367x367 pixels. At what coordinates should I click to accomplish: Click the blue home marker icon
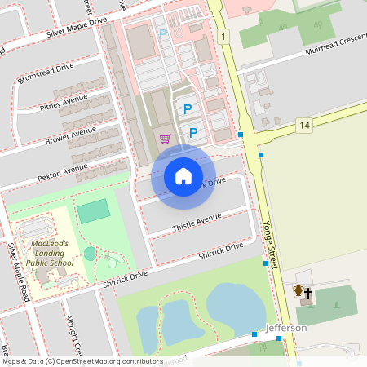pyautogui.click(x=183, y=176)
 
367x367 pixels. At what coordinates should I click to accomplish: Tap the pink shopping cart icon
pyautogui.click(x=166, y=139)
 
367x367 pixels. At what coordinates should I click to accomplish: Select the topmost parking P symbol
pyautogui.click(x=162, y=33)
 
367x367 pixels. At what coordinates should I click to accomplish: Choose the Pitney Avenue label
pyautogui.click(x=63, y=103)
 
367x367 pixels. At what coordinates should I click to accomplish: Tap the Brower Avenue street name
pyautogui.click(x=71, y=134)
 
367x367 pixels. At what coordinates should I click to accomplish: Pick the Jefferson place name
pyautogui.click(x=285, y=328)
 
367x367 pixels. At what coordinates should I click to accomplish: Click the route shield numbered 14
pyautogui.click(x=304, y=125)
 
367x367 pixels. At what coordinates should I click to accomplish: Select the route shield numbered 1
pyautogui.click(x=223, y=37)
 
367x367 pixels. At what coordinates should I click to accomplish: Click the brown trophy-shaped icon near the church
pyautogui.click(x=298, y=290)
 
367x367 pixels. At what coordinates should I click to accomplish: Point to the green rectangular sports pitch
pyautogui.click(x=93, y=210)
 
